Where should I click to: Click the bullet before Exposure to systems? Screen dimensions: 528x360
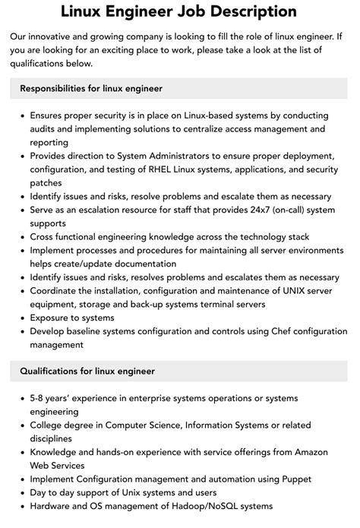click(20, 318)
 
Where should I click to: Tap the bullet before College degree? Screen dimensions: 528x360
click(20, 425)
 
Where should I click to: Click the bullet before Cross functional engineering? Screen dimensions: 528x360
click(20, 237)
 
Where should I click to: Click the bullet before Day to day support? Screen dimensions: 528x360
click(20, 493)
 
